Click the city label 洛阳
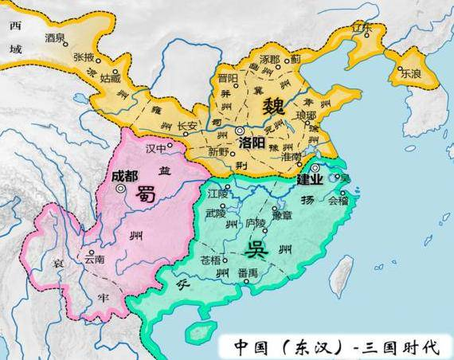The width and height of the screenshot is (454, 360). click(249, 142)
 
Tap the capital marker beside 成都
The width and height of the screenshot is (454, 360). click(120, 190)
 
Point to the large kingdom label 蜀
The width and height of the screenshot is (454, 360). click(146, 194)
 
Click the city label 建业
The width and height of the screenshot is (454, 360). click(310, 179)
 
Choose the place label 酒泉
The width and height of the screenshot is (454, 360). click(55, 37)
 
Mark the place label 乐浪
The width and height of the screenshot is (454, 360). click(411, 70)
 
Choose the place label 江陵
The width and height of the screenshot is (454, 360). click(218, 194)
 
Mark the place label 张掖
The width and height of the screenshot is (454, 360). click(84, 57)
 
